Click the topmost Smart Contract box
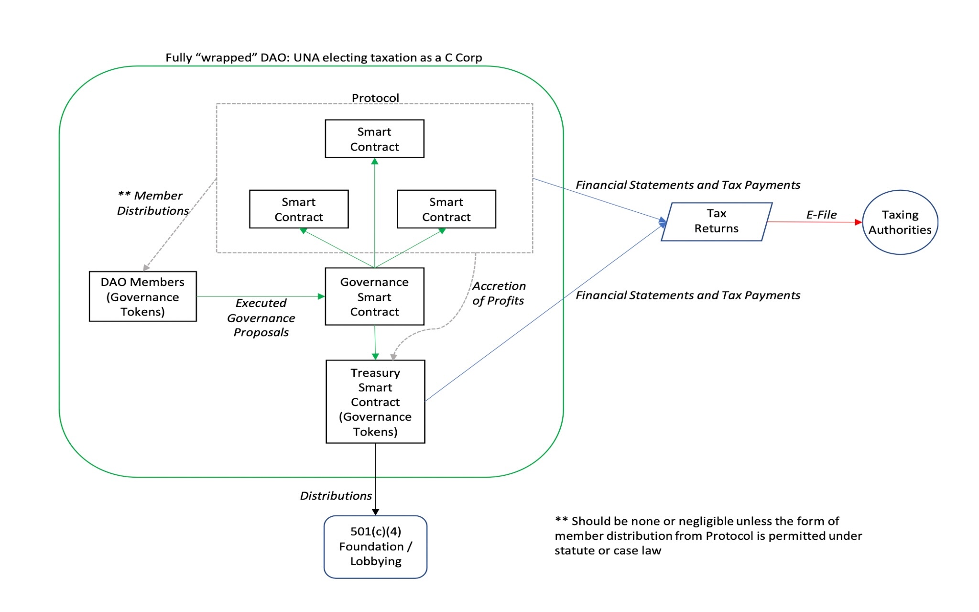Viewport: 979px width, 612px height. (x=374, y=139)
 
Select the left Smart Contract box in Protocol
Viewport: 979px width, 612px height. (x=299, y=209)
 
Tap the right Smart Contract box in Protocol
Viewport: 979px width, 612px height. (x=446, y=209)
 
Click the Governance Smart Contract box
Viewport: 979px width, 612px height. (x=374, y=296)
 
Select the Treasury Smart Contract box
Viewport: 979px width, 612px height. (x=375, y=402)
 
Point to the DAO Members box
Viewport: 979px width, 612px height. (x=142, y=296)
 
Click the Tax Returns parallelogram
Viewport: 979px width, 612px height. (x=716, y=221)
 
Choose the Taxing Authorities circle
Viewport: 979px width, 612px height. (x=900, y=222)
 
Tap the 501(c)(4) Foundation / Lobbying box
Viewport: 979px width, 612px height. (x=375, y=546)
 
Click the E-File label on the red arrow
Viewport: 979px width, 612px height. (x=821, y=215)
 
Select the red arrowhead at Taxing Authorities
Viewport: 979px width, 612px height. (x=859, y=222)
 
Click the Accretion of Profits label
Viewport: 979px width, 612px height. (x=499, y=293)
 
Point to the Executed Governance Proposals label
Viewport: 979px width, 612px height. (x=261, y=317)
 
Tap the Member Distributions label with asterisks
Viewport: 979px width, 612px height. (x=152, y=203)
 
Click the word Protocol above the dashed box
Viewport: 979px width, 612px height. (x=375, y=98)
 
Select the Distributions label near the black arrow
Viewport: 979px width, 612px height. (x=336, y=496)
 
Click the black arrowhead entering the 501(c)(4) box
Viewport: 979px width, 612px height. (x=375, y=512)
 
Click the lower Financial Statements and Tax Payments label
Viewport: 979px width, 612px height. (x=687, y=295)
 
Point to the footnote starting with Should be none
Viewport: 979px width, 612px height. (x=707, y=535)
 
